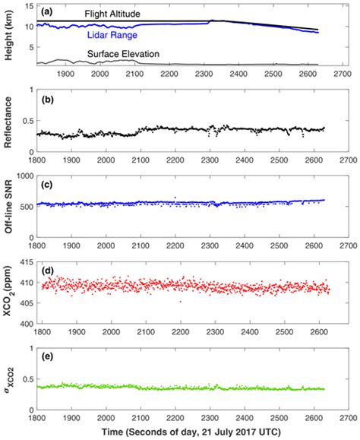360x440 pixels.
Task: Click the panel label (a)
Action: coord(48,11)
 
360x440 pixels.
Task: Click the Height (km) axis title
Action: coord(8,36)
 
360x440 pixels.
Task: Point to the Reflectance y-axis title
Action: coord(8,123)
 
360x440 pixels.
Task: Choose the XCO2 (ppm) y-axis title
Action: coord(8,295)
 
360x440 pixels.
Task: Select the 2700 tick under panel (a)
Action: coord(343,75)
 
